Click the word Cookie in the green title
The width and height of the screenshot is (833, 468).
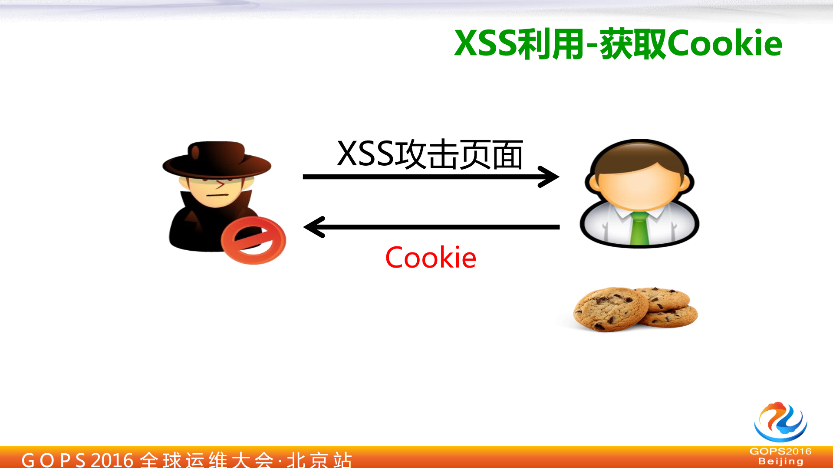click(725, 43)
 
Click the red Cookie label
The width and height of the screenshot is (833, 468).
click(431, 258)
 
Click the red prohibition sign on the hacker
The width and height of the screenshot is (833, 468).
click(254, 240)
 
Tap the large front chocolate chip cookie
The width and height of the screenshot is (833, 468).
click(610, 309)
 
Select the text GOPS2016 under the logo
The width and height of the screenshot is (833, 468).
click(780, 452)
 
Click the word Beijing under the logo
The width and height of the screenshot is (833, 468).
click(780, 461)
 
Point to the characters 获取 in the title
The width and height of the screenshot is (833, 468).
click(633, 43)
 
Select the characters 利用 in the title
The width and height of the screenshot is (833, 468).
click(550, 43)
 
